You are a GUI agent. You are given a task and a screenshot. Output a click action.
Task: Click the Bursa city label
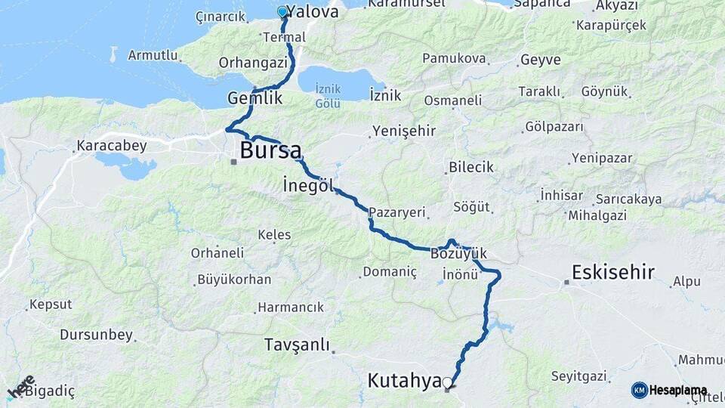coord(270,150)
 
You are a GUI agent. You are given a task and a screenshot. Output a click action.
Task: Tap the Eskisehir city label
coord(613,273)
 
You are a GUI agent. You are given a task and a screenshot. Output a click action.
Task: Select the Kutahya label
coord(404,381)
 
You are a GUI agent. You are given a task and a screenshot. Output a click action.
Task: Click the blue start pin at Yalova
coord(282,12)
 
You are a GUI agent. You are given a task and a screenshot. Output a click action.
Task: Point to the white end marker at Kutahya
coord(448,383)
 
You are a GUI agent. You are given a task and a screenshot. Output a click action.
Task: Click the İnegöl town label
coord(308,184)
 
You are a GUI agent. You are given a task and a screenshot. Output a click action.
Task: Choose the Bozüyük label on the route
coord(460,253)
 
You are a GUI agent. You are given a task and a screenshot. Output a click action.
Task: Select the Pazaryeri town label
coord(398,213)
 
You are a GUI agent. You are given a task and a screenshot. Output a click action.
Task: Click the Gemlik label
coord(255,98)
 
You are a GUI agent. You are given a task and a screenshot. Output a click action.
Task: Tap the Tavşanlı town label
coord(297,345)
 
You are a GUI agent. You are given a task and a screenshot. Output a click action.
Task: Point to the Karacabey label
coord(112,145)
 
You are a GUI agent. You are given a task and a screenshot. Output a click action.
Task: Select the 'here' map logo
coord(21,386)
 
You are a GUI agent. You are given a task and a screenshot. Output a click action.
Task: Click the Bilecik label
coord(470,167)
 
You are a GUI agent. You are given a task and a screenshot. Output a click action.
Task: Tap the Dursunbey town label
coord(96,334)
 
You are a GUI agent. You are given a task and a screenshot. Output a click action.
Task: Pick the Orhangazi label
coord(254,63)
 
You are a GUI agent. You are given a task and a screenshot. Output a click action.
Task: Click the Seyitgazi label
coord(579,376)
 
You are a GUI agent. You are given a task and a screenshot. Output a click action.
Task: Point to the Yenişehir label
coord(403,131)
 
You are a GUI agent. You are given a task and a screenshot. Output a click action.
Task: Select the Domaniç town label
coord(390,271)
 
